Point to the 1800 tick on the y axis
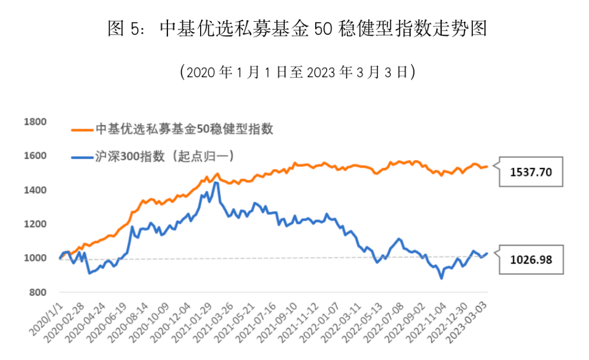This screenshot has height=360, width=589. [35, 122]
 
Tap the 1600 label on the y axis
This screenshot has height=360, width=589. [35, 156]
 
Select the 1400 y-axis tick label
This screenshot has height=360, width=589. [35, 190]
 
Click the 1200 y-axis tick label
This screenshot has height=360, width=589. [35, 224]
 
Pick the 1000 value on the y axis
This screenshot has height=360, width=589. [35, 258]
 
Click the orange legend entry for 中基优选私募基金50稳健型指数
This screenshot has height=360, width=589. [172, 130]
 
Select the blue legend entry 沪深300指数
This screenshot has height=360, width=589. [153, 157]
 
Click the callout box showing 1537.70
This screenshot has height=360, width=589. [531, 172]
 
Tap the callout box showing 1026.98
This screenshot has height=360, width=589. [531, 260]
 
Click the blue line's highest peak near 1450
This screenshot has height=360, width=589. [216, 183]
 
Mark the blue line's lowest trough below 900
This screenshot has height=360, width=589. [441, 278]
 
